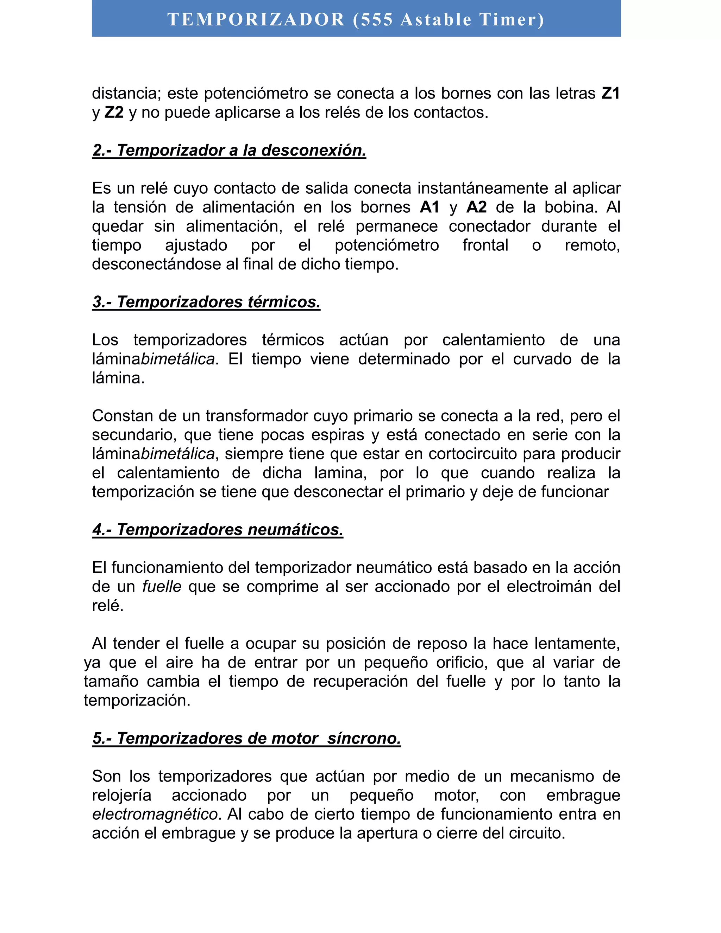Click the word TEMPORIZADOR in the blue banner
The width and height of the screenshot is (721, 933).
pyautogui.click(x=256, y=20)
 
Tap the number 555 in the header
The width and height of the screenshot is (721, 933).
pyautogui.click(x=377, y=20)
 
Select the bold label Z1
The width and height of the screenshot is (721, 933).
pyautogui.click(x=611, y=93)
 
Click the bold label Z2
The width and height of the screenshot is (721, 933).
pyautogui.click(x=114, y=112)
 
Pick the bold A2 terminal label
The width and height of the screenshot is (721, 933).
pyautogui.click(x=477, y=207)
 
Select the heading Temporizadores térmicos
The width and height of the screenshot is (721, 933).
pyautogui.click(x=206, y=302)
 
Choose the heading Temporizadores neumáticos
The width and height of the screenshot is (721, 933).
pyautogui.click(x=218, y=530)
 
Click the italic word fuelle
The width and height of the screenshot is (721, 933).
pyautogui.click(x=162, y=587)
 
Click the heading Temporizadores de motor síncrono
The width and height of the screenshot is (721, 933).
pyautogui.click(x=246, y=739)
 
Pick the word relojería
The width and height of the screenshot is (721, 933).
pyautogui.click(x=122, y=795)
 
